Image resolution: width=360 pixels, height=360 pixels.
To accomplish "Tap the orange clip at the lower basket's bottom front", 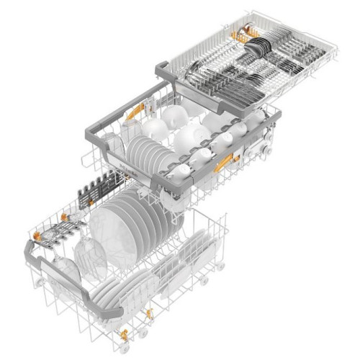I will point(124,334).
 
